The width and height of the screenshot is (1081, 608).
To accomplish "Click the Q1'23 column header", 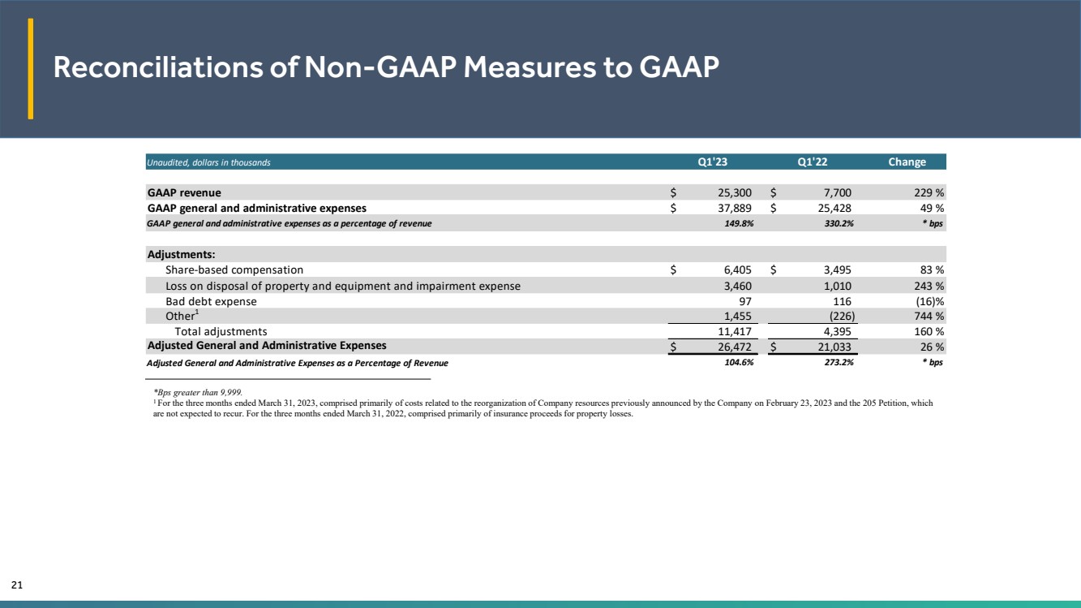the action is [x=712, y=162].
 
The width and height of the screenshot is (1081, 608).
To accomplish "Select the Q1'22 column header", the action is [x=813, y=162].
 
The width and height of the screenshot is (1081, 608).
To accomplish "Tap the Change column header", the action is [x=907, y=162].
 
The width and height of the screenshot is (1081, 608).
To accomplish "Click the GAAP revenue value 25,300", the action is [x=735, y=192].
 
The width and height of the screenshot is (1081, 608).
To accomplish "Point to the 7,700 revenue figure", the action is [x=837, y=192].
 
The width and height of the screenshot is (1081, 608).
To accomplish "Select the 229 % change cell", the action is [x=929, y=192].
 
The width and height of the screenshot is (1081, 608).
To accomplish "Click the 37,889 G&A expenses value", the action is [x=735, y=208].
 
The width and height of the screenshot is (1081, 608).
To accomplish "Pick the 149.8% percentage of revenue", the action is [x=739, y=223].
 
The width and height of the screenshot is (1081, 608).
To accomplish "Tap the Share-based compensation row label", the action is [x=234, y=270].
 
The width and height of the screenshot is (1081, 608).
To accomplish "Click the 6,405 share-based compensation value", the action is [x=737, y=270].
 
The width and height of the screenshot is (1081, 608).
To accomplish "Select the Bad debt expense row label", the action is [x=211, y=301].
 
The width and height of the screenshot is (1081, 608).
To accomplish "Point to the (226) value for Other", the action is [x=842, y=317].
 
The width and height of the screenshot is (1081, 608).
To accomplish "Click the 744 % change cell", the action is [x=929, y=317].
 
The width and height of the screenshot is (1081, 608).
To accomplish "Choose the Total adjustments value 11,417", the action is [x=735, y=332].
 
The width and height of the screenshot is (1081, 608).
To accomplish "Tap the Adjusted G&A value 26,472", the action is [x=735, y=347].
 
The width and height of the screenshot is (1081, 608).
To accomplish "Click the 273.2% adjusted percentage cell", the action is [x=839, y=362].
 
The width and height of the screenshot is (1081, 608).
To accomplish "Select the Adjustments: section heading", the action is [x=182, y=255].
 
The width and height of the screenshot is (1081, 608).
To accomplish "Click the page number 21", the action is [x=17, y=584].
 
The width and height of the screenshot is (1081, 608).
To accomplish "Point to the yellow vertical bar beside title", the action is [x=30, y=68].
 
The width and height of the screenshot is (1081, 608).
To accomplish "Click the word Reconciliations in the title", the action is [x=158, y=67].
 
